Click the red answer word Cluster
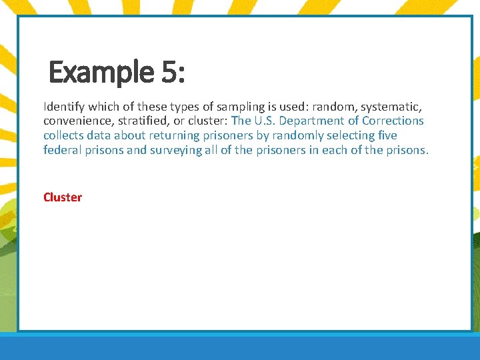pos(63,197)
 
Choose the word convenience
pos(75,121)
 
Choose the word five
pos(387,135)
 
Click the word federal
pos(61,150)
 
